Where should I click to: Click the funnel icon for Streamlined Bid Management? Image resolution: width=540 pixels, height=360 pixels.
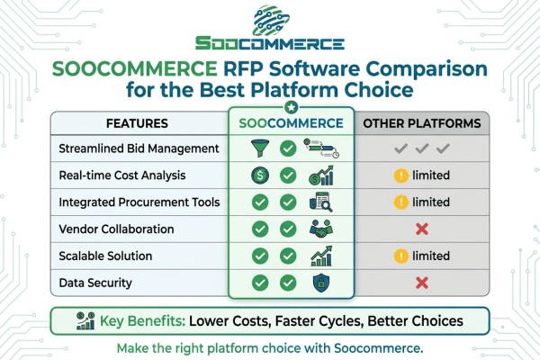pos(259,148)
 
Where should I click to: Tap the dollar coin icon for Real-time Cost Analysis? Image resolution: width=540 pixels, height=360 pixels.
pos(259,175)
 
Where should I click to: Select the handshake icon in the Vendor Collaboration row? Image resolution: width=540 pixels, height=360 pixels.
pos(319,229)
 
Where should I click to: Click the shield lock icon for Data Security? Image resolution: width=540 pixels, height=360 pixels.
pos(319,283)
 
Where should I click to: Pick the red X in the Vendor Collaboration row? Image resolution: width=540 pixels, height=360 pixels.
pos(420,229)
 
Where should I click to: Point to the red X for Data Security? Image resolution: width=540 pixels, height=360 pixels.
pos(420,283)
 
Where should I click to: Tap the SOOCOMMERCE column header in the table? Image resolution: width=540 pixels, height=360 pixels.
pos(290,122)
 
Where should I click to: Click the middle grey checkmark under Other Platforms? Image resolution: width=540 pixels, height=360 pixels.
pos(420,148)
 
